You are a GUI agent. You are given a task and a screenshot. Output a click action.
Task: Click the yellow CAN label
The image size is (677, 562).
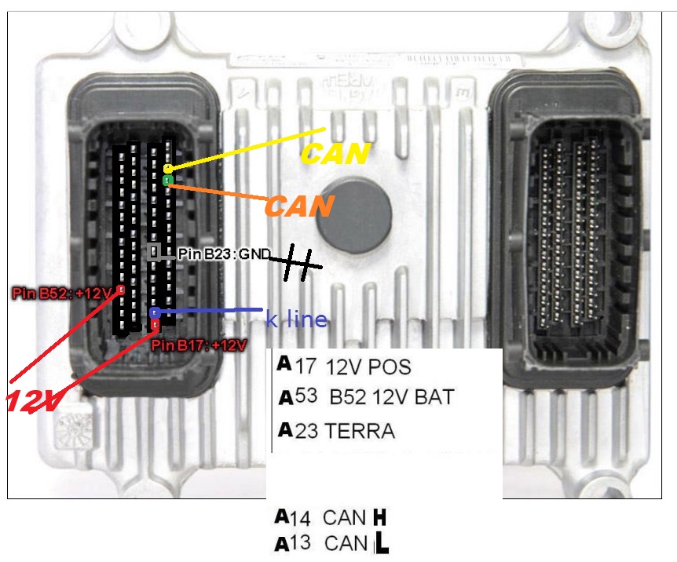(335, 154)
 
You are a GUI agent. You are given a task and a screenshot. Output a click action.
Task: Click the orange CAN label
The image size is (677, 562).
(299, 206)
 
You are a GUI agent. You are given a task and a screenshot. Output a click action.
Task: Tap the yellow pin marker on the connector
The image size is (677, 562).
(168, 169)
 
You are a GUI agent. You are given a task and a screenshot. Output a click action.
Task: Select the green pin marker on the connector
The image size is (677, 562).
(167, 181)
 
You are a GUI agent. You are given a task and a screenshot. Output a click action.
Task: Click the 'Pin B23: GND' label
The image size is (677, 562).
(224, 254)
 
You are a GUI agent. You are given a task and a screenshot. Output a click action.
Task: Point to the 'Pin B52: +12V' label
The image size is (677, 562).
(63, 294)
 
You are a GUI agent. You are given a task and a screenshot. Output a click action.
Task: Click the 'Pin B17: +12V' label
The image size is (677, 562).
(199, 345)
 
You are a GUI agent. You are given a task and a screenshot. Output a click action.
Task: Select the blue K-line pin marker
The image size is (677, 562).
(155, 312)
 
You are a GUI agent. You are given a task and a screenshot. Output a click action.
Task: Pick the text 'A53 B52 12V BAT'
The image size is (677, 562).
(366, 397)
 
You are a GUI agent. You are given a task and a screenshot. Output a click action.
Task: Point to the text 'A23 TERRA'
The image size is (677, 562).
(336, 431)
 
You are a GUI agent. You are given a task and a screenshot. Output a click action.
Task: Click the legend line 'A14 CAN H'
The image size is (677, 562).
(331, 517)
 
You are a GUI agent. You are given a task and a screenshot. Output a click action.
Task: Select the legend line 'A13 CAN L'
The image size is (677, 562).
(331, 543)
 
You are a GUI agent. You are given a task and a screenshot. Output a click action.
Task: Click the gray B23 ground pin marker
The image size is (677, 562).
(155, 252)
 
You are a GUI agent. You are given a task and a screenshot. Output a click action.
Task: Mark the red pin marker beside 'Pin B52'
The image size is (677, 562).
(120, 290)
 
